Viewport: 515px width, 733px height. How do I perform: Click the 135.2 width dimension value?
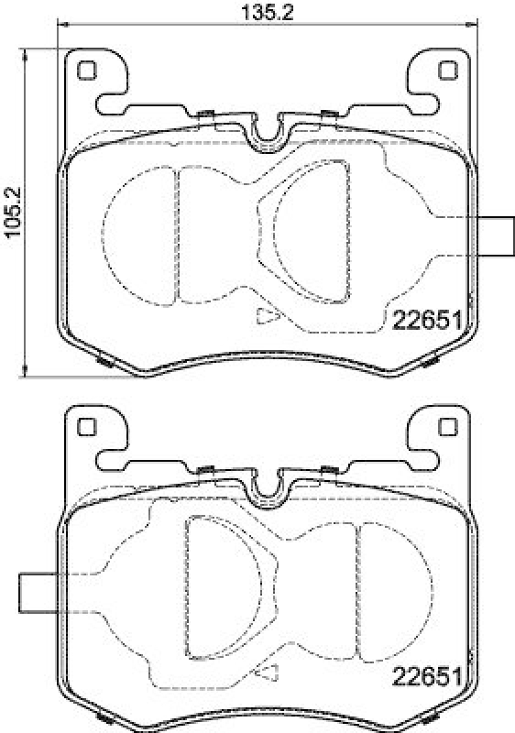pos(267,12)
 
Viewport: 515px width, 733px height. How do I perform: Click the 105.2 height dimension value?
pos(13,212)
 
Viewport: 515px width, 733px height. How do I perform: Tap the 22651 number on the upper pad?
pos(427,322)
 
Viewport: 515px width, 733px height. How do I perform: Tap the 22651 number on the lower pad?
pos(427,676)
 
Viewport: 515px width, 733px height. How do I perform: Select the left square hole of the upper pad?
pos(86,71)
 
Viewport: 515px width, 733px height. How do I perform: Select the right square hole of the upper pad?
pos(447,71)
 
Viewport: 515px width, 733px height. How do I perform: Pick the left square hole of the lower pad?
pos(86,426)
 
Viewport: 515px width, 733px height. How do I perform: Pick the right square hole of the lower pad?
pos(447,426)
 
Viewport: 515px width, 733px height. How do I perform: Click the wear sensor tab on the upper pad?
pos(496,236)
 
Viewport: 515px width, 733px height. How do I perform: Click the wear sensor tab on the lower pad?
pos(38,593)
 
